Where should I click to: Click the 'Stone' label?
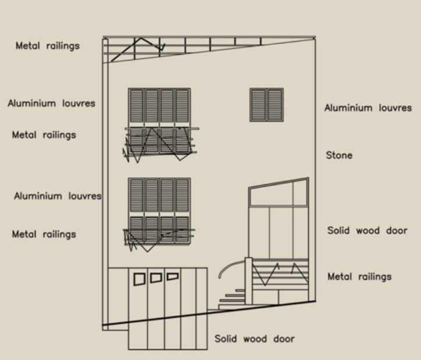click(x=339, y=155)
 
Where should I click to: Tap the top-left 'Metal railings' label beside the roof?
click(x=48, y=45)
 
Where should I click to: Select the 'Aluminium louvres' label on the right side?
click(x=368, y=108)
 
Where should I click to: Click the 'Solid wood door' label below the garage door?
click(x=254, y=339)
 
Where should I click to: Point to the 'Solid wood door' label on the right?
click(x=367, y=230)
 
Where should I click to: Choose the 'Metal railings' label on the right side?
click(x=359, y=276)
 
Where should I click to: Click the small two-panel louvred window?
click(x=266, y=105)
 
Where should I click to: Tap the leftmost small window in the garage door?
click(x=140, y=279)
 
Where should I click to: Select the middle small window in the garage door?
click(x=156, y=277)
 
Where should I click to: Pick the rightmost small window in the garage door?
click(x=172, y=276)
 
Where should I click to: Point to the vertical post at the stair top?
click(x=248, y=281)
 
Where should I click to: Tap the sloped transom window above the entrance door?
click(x=279, y=193)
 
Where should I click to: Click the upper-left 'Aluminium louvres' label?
click(x=51, y=104)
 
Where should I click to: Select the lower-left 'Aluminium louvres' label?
click(x=58, y=196)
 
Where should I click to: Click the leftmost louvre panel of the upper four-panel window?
click(x=137, y=106)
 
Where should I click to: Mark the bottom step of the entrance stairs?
click(x=232, y=307)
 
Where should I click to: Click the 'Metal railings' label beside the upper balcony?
click(x=44, y=135)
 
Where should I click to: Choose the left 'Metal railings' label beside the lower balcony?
click(x=44, y=234)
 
